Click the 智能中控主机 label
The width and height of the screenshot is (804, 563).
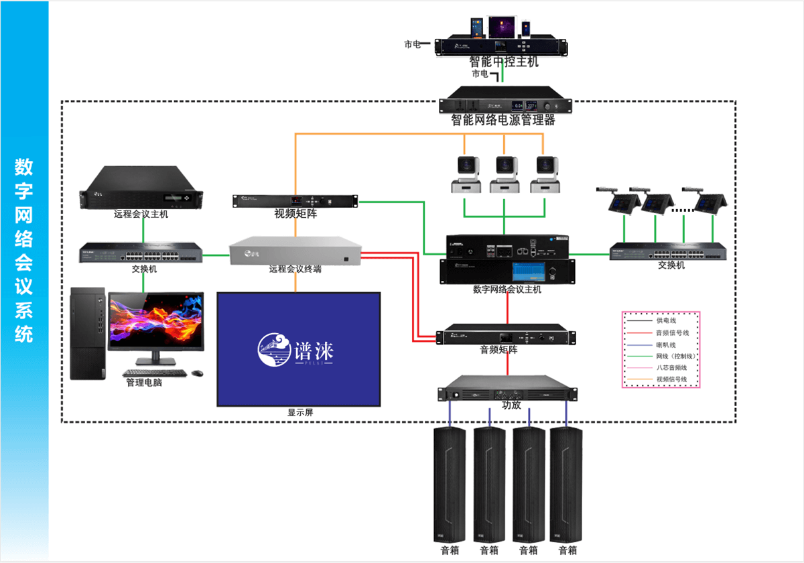[x=504, y=62]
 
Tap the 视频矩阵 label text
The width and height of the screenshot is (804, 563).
[x=295, y=214]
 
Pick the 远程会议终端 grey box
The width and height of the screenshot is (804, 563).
[x=295, y=251]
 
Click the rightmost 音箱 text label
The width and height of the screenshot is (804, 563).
[x=567, y=550]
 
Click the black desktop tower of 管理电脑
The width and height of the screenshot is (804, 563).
[x=88, y=334]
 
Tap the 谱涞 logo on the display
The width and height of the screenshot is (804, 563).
[x=295, y=349]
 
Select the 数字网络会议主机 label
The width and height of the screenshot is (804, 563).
[x=507, y=290]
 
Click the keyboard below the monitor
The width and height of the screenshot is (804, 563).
[x=153, y=373]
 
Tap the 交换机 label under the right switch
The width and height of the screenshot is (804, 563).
[x=671, y=265]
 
